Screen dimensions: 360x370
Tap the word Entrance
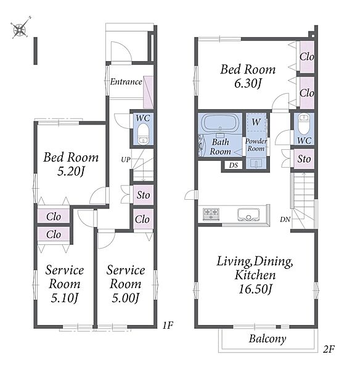pos(126,81)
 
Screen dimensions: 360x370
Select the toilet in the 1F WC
pos(143,134)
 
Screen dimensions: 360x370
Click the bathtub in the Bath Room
pos(220,123)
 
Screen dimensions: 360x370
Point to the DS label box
pos(233,165)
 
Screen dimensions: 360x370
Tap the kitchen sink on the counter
pos(248,215)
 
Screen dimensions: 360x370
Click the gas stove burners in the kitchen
pos(211,214)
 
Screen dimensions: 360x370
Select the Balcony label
pos(268,339)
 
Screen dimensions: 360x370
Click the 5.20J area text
pos(71,171)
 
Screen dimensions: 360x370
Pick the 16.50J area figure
pos(255,289)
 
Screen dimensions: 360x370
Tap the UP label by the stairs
pos(126,160)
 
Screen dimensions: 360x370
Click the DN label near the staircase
pos(285,220)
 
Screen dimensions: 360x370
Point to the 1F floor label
pos(168,326)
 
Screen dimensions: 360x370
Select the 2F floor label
pos(329,349)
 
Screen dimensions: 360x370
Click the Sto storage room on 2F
pos(304,159)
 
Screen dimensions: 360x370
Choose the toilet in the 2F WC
pos(304,124)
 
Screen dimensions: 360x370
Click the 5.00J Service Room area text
pos(126,298)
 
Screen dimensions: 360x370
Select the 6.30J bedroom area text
pos(248,83)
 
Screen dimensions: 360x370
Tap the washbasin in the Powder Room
pos(256,163)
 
